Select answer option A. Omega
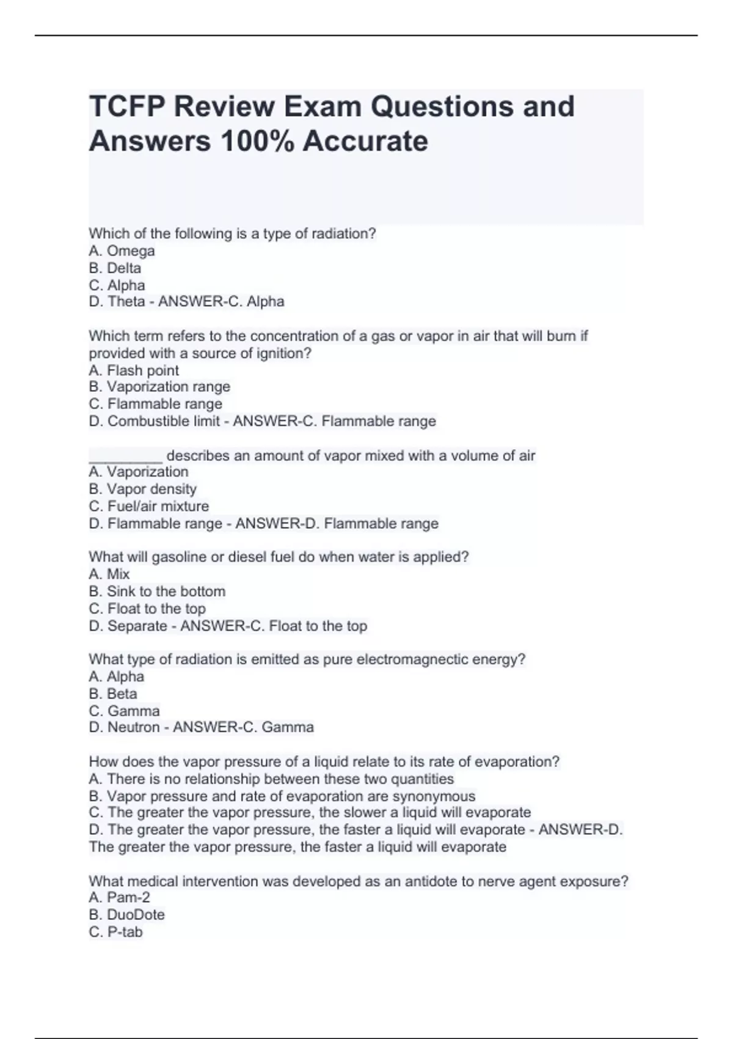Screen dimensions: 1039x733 (x=122, y=251)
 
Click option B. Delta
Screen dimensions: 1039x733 (x=115, y=268)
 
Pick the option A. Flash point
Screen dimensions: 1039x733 (x=134, y=370)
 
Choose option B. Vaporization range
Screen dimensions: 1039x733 (x=159, y=387)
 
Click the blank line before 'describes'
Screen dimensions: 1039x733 (x=125, y=456)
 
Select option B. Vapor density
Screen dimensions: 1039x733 (x=142, y=489)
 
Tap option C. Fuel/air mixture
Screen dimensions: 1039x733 (x=148, y=506)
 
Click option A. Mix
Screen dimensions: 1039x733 (x=109, y=574)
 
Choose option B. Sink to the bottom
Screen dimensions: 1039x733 (x=157, y=591)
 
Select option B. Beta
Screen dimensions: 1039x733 (x=113, y=694)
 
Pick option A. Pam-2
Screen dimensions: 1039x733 (x=119, y=897)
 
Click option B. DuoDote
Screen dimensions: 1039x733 (x=126, y=914)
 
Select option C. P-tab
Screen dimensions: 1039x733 (x=115, y=932)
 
